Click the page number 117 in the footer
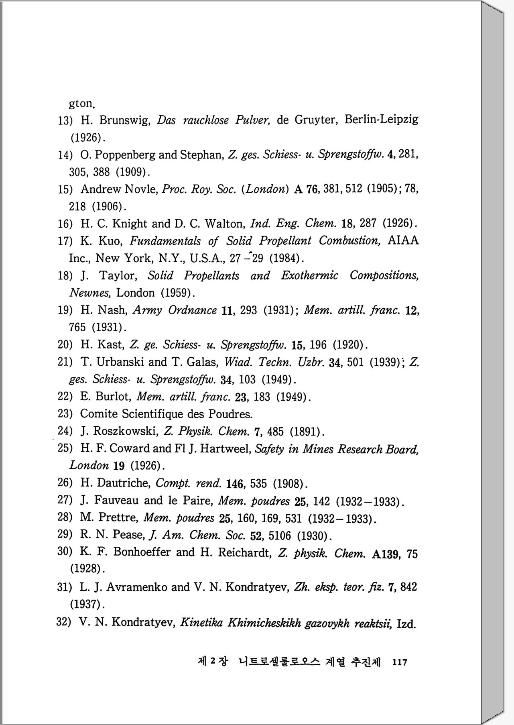(x=400, y=662)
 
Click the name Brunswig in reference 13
(x=124, y=120)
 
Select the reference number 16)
(x=65, y=224)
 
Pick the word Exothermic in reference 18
(x=309, y=275)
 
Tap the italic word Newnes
(x=89, y=293)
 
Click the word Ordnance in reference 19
(x=192, y=310)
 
